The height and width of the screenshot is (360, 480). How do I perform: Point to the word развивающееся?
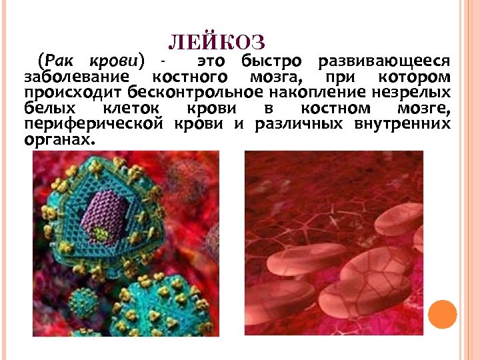(x=383, y=62)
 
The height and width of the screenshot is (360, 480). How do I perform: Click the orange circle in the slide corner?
(x=443, y=314)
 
